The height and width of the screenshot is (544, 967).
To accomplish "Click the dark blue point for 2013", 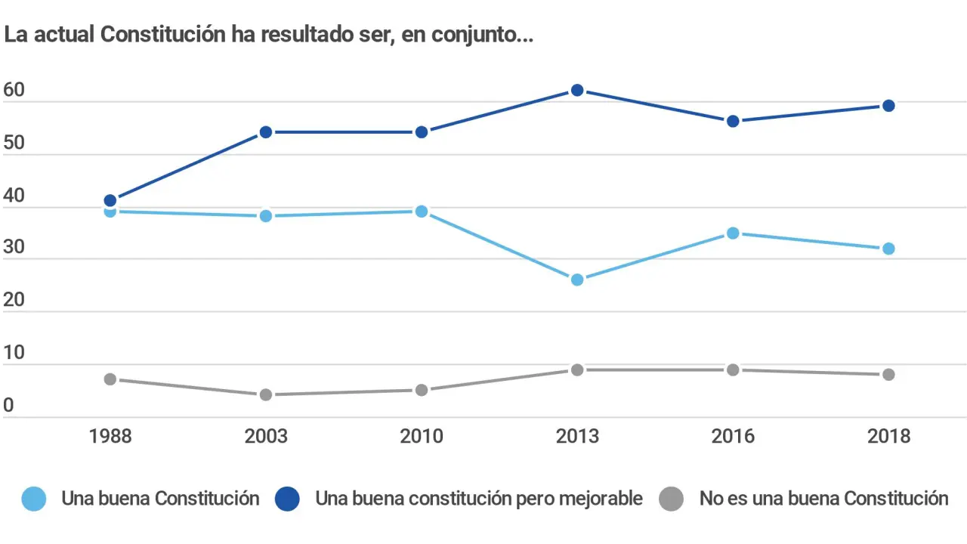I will (577, 90).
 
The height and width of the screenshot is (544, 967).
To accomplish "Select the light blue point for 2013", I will (577, 280).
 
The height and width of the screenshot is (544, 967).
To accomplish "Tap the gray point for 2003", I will (266, 394).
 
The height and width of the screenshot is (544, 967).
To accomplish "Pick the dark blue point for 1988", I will (110, 200).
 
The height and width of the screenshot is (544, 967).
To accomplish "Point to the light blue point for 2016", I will (733, 233).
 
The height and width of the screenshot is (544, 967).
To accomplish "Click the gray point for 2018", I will (888, 374).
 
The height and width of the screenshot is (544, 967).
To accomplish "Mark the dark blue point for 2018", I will (888, 106).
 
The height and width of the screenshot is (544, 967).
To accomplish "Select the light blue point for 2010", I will (422, 211).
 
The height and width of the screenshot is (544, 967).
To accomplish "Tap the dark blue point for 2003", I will (266, 132).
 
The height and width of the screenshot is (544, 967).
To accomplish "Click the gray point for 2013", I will (577, 369).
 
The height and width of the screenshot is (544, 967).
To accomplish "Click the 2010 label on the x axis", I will (422, 437).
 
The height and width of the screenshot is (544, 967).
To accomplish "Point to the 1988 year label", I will (110, 437).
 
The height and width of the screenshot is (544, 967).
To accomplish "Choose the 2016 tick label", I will (733, 437).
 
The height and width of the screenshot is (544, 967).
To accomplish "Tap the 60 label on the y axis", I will (14, 91).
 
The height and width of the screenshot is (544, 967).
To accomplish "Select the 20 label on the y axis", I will (14, 300).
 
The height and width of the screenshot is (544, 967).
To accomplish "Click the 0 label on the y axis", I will (8, 406).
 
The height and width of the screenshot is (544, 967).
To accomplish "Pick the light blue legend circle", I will (33, 499).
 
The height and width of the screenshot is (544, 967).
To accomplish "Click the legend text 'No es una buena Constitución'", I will (823, 499).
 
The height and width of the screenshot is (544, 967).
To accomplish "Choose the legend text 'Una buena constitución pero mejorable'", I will (479, 499).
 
